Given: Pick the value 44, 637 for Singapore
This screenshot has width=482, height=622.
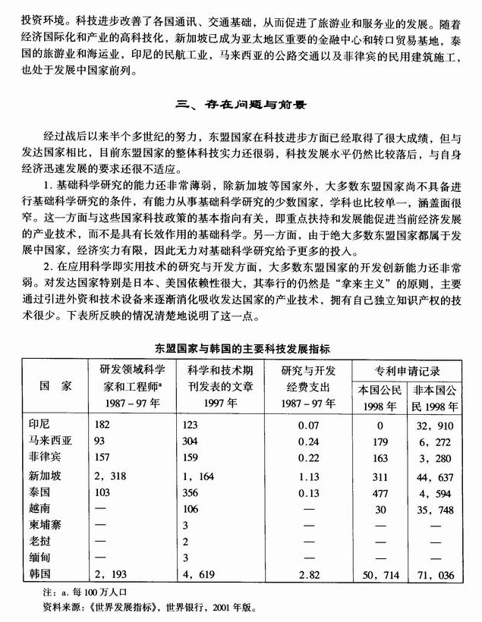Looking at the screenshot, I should (435, 476).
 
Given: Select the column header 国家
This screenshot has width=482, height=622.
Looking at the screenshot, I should (55, 385).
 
